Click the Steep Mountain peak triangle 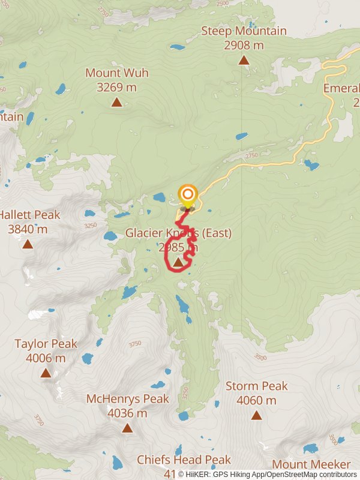pos(244,60)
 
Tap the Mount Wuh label pos(116,73)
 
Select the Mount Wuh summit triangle pos(116,103)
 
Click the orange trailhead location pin pos(188,194)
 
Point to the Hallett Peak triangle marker pos(28,244)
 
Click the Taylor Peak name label pos(46,344)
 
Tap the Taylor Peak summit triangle pos(46,373)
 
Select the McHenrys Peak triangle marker pos(127,428)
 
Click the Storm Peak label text pos(257,386)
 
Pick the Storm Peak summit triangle pos(256,415)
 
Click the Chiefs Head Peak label pos(184,460)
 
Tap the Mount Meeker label pos(311,464)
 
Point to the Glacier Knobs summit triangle pos(178,262)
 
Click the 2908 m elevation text pos(244,45)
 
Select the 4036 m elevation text pos(127,413)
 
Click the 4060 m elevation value pos(257,400)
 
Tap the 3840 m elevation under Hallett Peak pos(28,229)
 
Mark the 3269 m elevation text pos(116,88)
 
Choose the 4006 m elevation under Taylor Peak pos(46,358)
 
